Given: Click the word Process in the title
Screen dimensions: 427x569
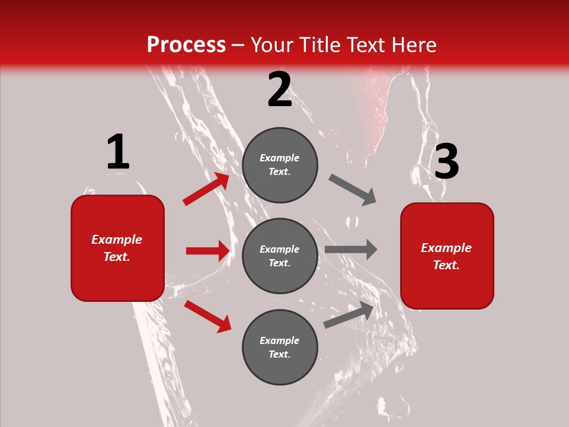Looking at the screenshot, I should [186, 45].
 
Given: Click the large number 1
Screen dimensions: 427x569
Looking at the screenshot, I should [118, 152].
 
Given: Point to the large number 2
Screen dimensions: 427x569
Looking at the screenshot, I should [280, 90].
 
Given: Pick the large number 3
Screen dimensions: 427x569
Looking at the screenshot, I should [446, 162].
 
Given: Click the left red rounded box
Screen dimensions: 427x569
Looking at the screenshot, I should [117, 248].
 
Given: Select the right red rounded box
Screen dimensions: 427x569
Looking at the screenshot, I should [447, 256].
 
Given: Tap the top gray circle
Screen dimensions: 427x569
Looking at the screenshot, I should [280, 165].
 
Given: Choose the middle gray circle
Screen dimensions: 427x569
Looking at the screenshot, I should [280, 256].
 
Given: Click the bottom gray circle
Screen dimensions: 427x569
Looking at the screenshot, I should [280, 347].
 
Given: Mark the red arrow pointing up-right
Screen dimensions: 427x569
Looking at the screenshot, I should [206, 189].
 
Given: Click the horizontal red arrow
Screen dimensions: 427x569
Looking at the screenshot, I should [207, 251].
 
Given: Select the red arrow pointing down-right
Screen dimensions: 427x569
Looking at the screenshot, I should [207, 316].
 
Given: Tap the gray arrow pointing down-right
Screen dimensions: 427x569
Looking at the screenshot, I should [353, 190].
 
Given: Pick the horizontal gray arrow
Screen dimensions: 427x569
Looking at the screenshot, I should [351, 249].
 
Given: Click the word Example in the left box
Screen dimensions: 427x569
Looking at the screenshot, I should [117, 240].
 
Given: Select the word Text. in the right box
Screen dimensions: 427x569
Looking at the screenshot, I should [446, 265].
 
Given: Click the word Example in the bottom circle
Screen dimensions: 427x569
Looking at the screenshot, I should [280, 340].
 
